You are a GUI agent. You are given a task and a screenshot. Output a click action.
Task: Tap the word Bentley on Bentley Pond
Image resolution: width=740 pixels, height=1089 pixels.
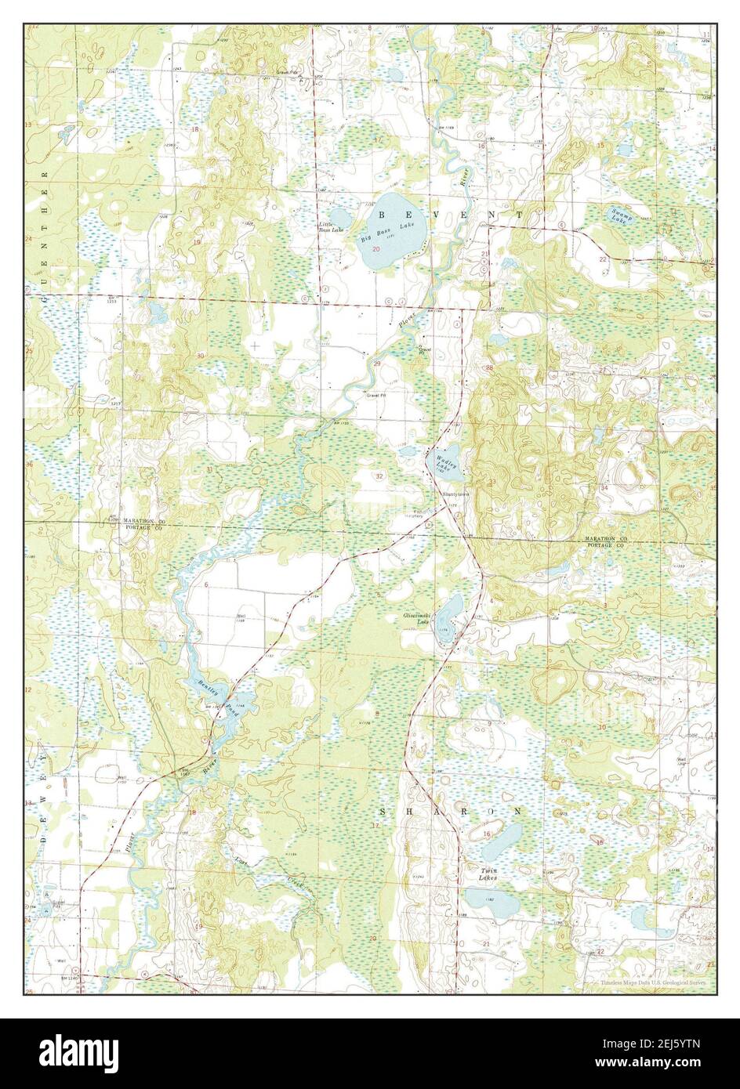[x=206, y=687]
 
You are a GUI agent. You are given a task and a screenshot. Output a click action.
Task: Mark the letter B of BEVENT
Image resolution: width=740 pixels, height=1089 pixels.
[x=383, y=214]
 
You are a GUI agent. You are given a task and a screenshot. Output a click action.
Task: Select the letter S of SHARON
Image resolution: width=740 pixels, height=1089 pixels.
[x=386, y=809]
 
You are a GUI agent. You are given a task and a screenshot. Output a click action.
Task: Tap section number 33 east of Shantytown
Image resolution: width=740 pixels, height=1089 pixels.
[x=492, y=481]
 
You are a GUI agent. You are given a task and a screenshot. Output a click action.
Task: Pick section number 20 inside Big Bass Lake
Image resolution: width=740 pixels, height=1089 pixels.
[x=377, y=249]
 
